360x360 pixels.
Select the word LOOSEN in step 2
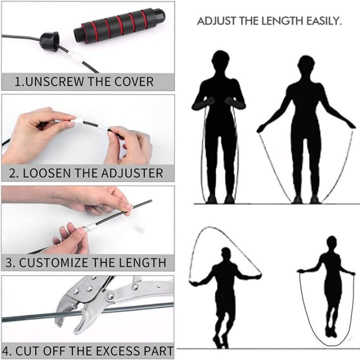click(x=50, y=173)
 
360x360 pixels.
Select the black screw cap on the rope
click(x=49, y=41)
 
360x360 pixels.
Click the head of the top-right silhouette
click(x=306, y=64)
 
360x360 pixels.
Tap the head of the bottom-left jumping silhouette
click(x=226, y=254)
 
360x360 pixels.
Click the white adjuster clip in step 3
click(x=91, y=227)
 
